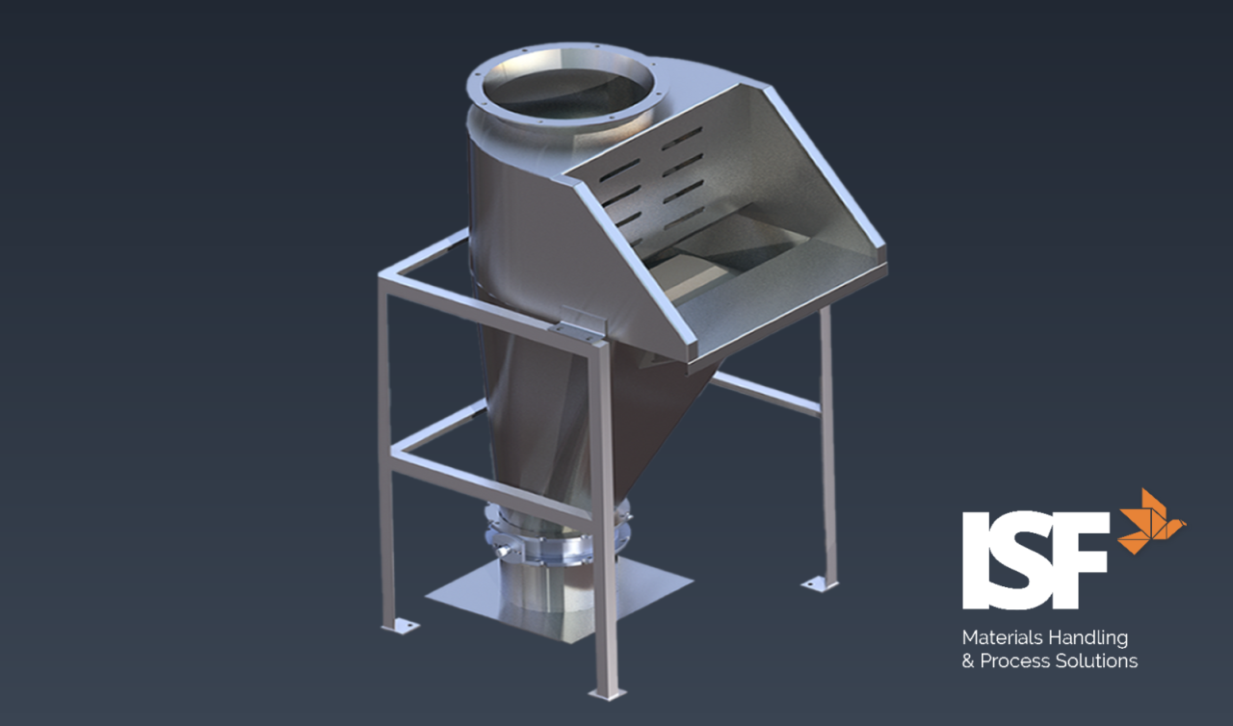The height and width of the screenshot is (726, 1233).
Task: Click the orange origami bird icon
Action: coord(1152,521)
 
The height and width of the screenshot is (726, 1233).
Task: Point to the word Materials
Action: coord(1002,637)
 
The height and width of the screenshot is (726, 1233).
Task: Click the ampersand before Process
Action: coord(968,661)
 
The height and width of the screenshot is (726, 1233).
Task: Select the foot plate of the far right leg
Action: coord(820,583)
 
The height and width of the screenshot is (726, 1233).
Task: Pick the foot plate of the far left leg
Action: coord(401,626)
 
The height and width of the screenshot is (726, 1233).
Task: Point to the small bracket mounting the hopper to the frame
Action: coord(576,324)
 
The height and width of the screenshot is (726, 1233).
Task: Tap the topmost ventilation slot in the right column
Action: coord(682,136)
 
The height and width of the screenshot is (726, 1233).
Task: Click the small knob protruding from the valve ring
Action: coord(502,550)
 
